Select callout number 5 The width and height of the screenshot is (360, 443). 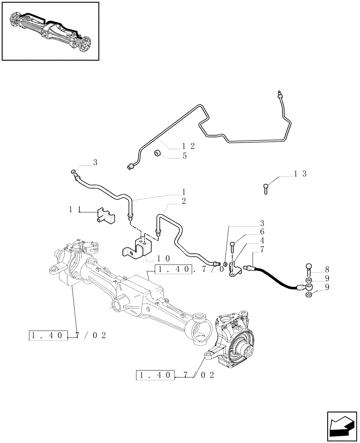(x=184, y=156)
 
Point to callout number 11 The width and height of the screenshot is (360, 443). (x=74, y=210)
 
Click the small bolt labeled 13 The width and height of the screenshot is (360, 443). (x=266, y=189)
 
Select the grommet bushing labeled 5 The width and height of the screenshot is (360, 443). (x=158, y=154)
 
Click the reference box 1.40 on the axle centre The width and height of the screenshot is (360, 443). (x=174, y=269)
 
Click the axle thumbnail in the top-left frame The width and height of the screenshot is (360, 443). (x=50, y=31)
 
